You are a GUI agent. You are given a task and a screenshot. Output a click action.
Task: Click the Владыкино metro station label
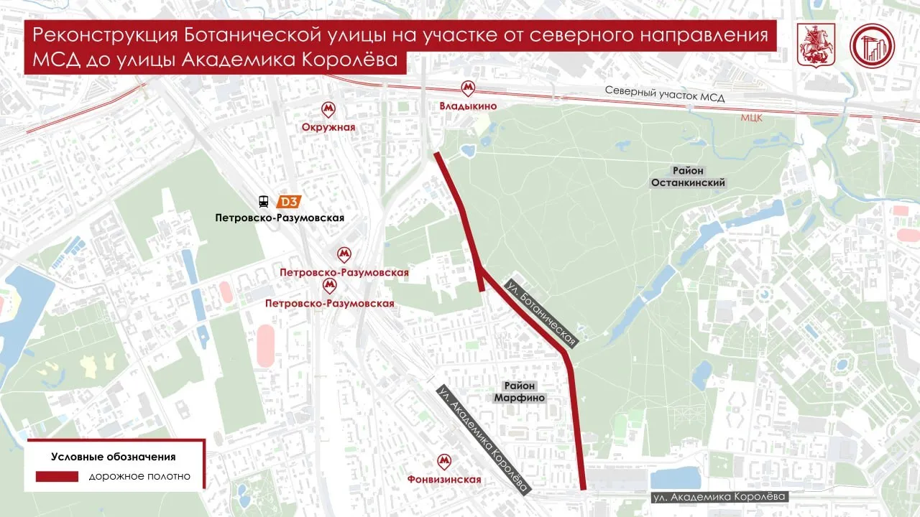468,106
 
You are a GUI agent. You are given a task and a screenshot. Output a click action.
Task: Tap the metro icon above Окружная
329,109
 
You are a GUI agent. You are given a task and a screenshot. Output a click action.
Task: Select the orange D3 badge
290,202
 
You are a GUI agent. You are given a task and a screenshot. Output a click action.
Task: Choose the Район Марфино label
520,391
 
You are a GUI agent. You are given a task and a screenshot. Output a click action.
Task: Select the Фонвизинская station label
443,480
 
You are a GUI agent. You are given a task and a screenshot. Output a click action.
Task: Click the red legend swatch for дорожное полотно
57,476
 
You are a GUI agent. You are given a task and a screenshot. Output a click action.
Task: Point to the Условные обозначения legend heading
114,456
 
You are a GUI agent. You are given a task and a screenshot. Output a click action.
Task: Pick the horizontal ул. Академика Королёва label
719,496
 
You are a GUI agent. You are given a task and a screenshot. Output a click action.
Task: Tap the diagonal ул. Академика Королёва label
484,439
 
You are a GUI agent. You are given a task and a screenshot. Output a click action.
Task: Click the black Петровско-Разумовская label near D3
280,218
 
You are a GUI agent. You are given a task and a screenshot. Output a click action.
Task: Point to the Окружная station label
329,127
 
